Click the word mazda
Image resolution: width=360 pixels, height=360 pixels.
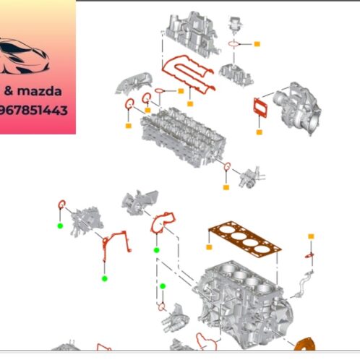tap(39, 92)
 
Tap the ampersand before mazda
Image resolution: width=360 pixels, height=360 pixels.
tap(7, 92)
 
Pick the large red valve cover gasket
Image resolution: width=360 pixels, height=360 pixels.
tap(187, 76)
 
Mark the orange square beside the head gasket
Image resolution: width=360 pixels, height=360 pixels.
tap(209, 247)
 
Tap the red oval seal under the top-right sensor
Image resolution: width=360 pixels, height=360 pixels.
tap(234, 44)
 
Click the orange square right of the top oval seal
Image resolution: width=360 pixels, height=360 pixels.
tap(256, 44)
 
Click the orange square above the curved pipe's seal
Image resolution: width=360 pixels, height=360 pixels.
tap(311, 236)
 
